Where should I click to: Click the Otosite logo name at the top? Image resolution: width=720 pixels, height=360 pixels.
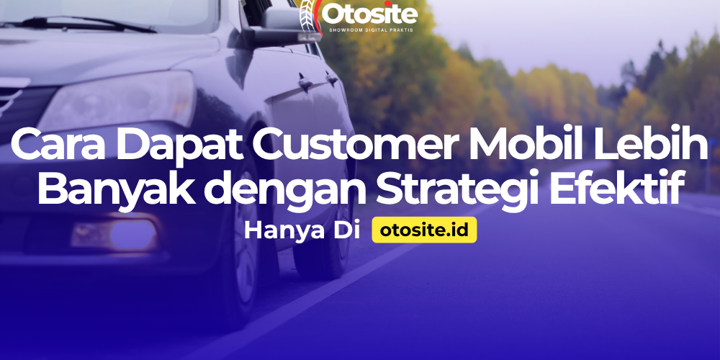tap(369, 14)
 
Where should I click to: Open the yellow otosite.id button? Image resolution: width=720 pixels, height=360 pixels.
tap(424, 231)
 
